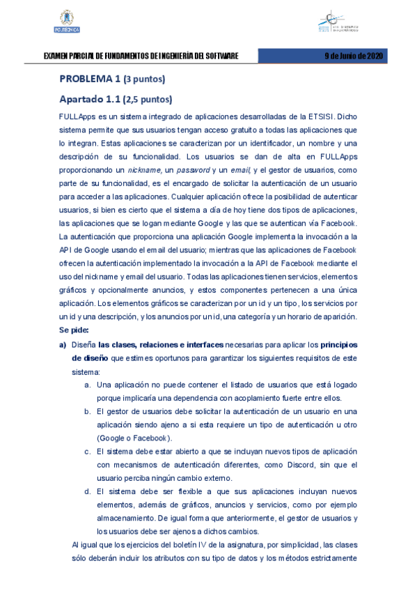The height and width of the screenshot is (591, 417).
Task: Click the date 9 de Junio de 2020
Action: pyautogui.click(x=354, y=56)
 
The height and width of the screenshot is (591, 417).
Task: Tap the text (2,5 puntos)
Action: pyautogui.click(x=148, y=99)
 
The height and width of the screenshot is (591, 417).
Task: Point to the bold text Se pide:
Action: pyautogui.click(x=74, y=330)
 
